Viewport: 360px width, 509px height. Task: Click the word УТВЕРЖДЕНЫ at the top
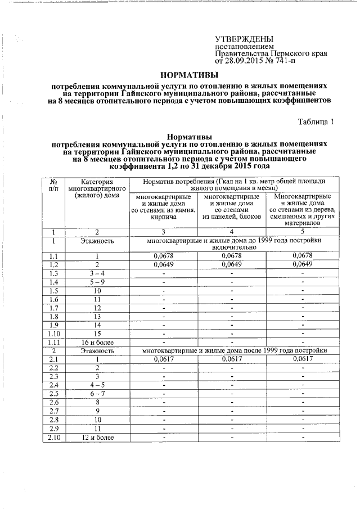pos(244,39)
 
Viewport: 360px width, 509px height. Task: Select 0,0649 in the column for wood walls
pos(303,264)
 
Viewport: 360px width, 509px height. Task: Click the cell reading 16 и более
pos(97,341)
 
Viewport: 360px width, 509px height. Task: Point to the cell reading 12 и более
pos(97,437)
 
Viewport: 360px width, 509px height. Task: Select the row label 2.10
pos(55,437)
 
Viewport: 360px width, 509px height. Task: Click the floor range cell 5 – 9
pos(97,281)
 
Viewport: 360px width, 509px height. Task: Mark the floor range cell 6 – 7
pos(97,394)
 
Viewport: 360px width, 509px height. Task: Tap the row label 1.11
pos(55,341)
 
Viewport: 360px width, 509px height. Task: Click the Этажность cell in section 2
pos(97,350)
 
